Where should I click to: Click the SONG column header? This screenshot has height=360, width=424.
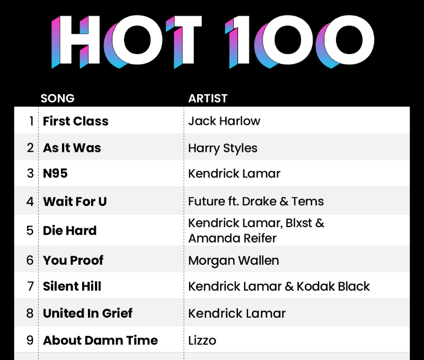57,98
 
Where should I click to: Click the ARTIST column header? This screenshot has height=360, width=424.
208,98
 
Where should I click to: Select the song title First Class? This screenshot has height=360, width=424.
76,121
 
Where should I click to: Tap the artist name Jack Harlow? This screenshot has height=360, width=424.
224,121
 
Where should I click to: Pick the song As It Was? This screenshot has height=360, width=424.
72,148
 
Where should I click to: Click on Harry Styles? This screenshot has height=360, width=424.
223,148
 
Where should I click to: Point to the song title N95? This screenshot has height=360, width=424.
55,174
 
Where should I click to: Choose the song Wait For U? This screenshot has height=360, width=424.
75,202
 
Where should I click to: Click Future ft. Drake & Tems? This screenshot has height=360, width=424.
256,202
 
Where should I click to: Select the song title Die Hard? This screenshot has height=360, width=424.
70,231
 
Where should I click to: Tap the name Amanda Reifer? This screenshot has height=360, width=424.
232,238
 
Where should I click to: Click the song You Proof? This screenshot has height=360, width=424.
73,260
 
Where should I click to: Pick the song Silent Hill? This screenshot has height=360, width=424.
72,286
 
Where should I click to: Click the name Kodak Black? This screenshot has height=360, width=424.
333,286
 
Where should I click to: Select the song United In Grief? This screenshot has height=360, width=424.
87,313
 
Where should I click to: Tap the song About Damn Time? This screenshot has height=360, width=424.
100,340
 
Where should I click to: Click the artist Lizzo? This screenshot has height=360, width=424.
202,340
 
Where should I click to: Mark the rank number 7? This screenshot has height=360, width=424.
30,286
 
